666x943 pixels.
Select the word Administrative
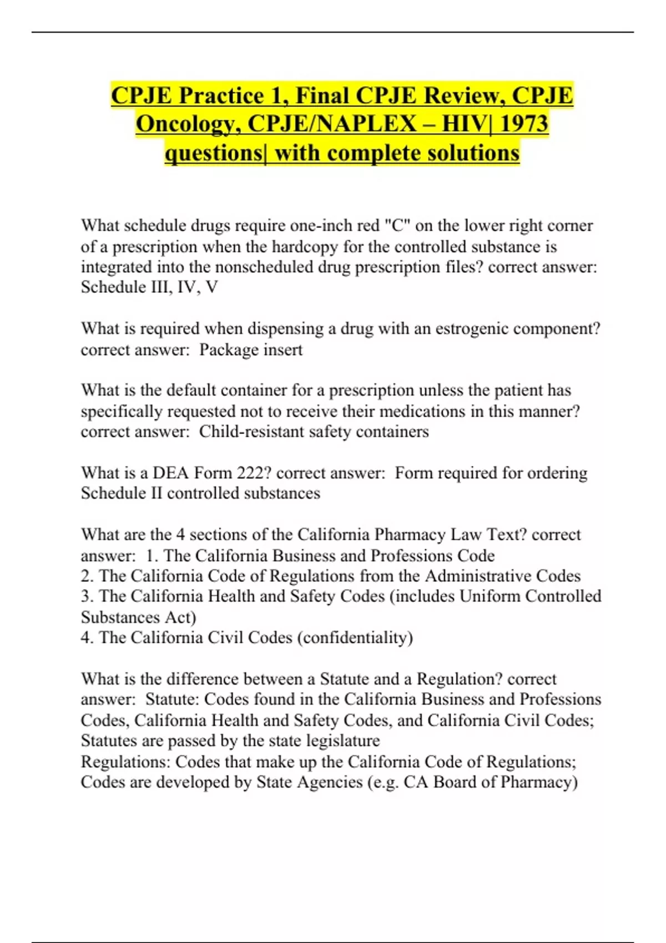tap(478, 576)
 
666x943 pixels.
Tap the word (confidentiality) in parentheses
tap(355, 637)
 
